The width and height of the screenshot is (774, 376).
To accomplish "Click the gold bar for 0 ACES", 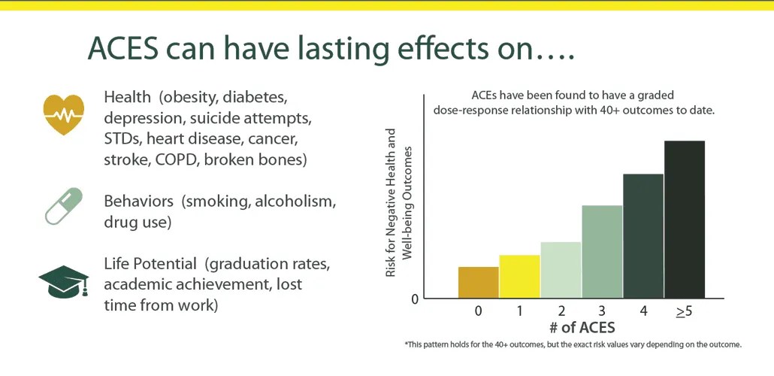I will tap(478, 283).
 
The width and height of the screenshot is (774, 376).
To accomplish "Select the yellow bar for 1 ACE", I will tap(519, 277).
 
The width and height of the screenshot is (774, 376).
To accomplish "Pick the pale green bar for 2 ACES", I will tap(561, 270).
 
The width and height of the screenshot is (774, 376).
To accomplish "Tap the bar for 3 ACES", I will tap(602, 252).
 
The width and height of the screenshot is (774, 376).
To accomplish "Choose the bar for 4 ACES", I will tap(643, 236).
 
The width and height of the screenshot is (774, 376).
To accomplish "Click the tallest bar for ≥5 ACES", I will tap(685, 220).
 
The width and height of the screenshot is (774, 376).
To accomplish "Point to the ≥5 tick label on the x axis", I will tap(684, 311).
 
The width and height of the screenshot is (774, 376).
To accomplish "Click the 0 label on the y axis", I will tap(415, 299).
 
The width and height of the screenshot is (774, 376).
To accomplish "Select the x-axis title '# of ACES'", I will tap(582, 328).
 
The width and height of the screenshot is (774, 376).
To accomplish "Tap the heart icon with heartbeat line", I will tap(63, 115).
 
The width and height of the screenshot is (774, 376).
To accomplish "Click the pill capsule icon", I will tap(63, 207).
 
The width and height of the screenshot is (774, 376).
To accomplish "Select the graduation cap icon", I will tap(63, 282).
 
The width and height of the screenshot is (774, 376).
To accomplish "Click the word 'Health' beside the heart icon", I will tap(127, 98).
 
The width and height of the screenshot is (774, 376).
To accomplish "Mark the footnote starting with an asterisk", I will tap(573, 344).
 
